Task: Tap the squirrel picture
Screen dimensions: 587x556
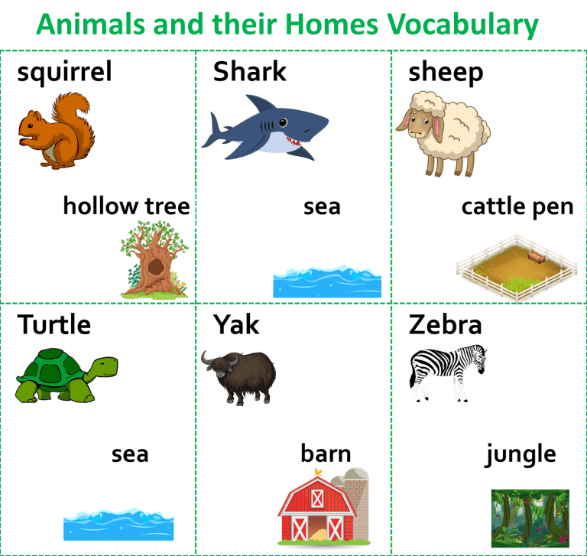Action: point(57,130)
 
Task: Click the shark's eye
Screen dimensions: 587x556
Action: point(283,122)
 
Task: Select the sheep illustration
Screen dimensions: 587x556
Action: point(443,133)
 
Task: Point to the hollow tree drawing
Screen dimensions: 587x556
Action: point(154,259)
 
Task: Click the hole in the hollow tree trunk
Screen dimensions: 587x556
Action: point(156,267)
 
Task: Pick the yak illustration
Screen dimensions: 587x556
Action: point(238,377)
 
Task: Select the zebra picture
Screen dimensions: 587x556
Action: point(448,373)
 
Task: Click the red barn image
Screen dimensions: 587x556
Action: point(324,506)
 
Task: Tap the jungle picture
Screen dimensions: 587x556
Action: point(530,519)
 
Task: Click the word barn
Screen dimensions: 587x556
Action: point(326,454)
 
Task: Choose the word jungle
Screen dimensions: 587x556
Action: point(521,454)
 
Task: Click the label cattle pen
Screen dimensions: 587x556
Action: point(517,206)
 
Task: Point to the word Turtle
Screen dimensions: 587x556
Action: point(54,324)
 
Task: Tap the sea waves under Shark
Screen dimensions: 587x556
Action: point(327,281)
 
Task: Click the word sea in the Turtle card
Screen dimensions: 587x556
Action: point(130,454)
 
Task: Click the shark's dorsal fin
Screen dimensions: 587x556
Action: point(260,103)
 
